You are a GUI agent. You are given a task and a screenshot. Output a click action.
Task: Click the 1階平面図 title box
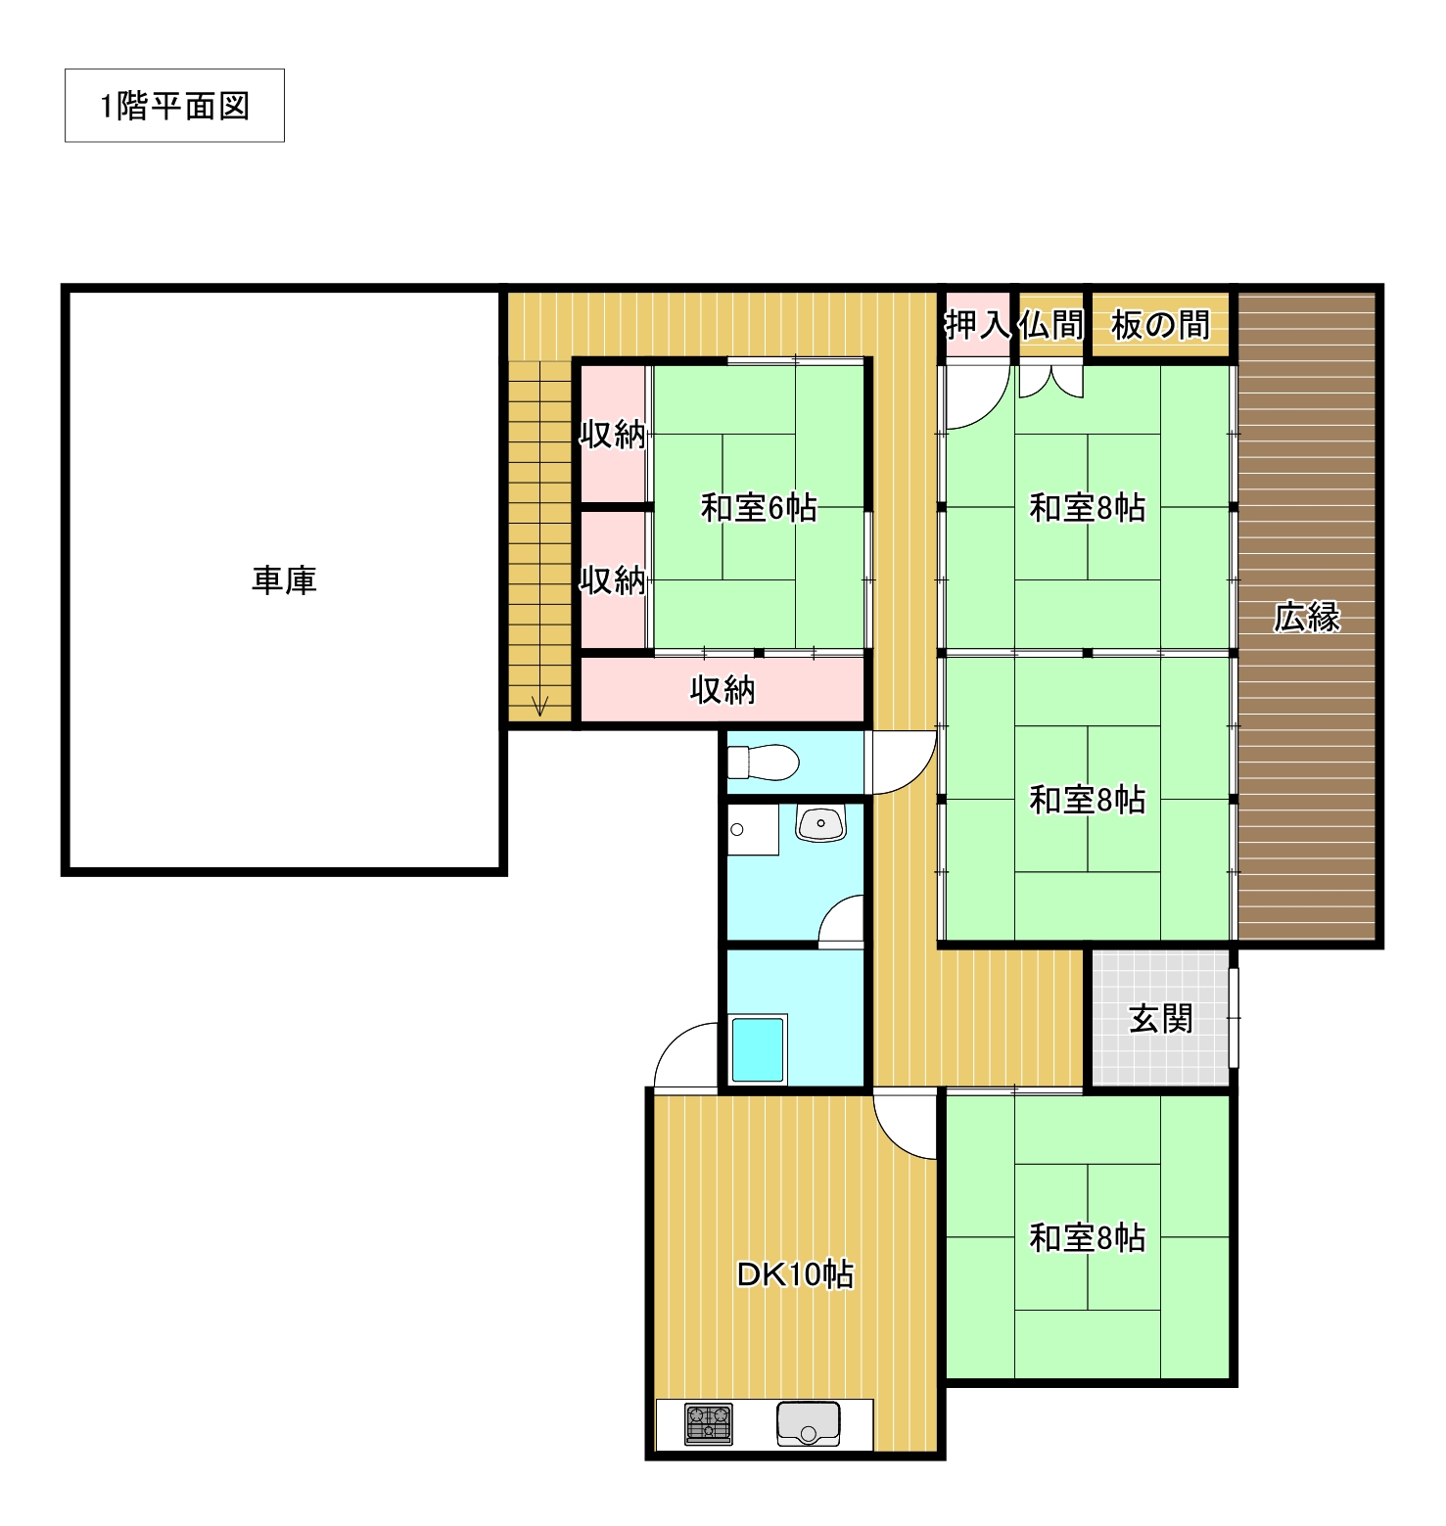pyautogui.click(x=174, y=106)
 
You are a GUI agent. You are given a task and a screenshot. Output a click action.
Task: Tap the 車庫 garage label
pyautogui.click(x=284, y=580)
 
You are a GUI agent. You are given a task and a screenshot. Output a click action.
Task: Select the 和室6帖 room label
pyautogui.click(x=759, y=508)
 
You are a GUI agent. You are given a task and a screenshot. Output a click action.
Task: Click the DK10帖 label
pyautogui.click(x=795, y=1274)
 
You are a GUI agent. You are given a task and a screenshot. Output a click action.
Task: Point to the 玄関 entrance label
pyautogui.click(x=1161, y=1019)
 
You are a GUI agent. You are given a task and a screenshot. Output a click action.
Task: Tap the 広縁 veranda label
pyautogui.click(x=1307, y=617)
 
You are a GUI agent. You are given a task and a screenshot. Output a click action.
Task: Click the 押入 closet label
pyautogui.click(x=977, y=324)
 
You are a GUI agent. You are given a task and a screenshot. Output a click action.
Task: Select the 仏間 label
pyautogui.click(x=1051, y=324)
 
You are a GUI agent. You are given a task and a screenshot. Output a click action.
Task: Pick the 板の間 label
pyautogui.click(x=1161, y=324)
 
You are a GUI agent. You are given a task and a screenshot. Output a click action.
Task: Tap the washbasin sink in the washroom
pyautogui.click(x=820, y=824)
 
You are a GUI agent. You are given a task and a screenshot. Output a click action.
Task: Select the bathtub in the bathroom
pyautogui.click(x=759, y=1048)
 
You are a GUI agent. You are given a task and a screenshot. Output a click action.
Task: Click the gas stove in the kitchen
pyautogui.click(x=709, y=1424)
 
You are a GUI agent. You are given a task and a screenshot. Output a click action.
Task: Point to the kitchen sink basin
pyautogui.click(x=809, y=1424)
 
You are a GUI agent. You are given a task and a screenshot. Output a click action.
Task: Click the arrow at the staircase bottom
pyautogui.click(x=538, y=705)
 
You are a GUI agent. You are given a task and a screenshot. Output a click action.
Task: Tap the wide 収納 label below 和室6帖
pyautogui.click(x=723, y=690)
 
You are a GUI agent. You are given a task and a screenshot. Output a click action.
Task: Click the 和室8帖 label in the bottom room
pyautogui.click(x=1087, y=1237)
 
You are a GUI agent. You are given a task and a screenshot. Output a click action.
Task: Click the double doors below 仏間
pyautogui.click(x=1051, y=381)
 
